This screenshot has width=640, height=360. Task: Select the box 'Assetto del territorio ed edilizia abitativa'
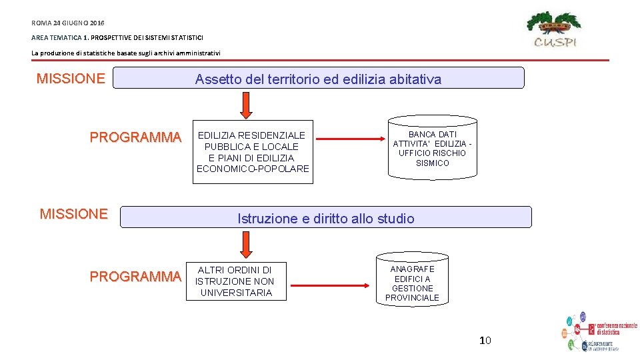(x=318, y=79)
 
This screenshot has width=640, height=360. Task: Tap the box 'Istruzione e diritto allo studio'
(x=325, y=218)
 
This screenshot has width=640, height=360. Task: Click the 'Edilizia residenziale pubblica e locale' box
(x=253, y=152)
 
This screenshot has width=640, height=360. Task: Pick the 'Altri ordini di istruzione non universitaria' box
(x=235, y=281)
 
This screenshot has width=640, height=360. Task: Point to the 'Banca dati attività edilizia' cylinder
(x=433, y=149)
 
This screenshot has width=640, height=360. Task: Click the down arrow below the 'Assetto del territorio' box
(x=246, y=105)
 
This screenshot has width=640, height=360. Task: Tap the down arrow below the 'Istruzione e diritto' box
(x=246, y=245)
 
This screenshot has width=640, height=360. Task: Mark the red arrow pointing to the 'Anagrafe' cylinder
(x=331, y=286)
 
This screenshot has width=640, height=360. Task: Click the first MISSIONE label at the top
(x=71, y=79)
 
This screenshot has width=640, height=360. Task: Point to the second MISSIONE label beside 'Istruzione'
(x=73, y=214)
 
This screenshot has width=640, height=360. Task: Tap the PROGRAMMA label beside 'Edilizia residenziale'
(x=135, y=137)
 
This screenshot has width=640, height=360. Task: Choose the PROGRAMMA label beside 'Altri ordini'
(x=135, y=277)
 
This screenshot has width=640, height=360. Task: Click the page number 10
(x=485, y=341)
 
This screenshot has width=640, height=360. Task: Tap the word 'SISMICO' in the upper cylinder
(x=433, y=163)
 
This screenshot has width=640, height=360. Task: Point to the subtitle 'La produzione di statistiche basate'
(x=125, y=53)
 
